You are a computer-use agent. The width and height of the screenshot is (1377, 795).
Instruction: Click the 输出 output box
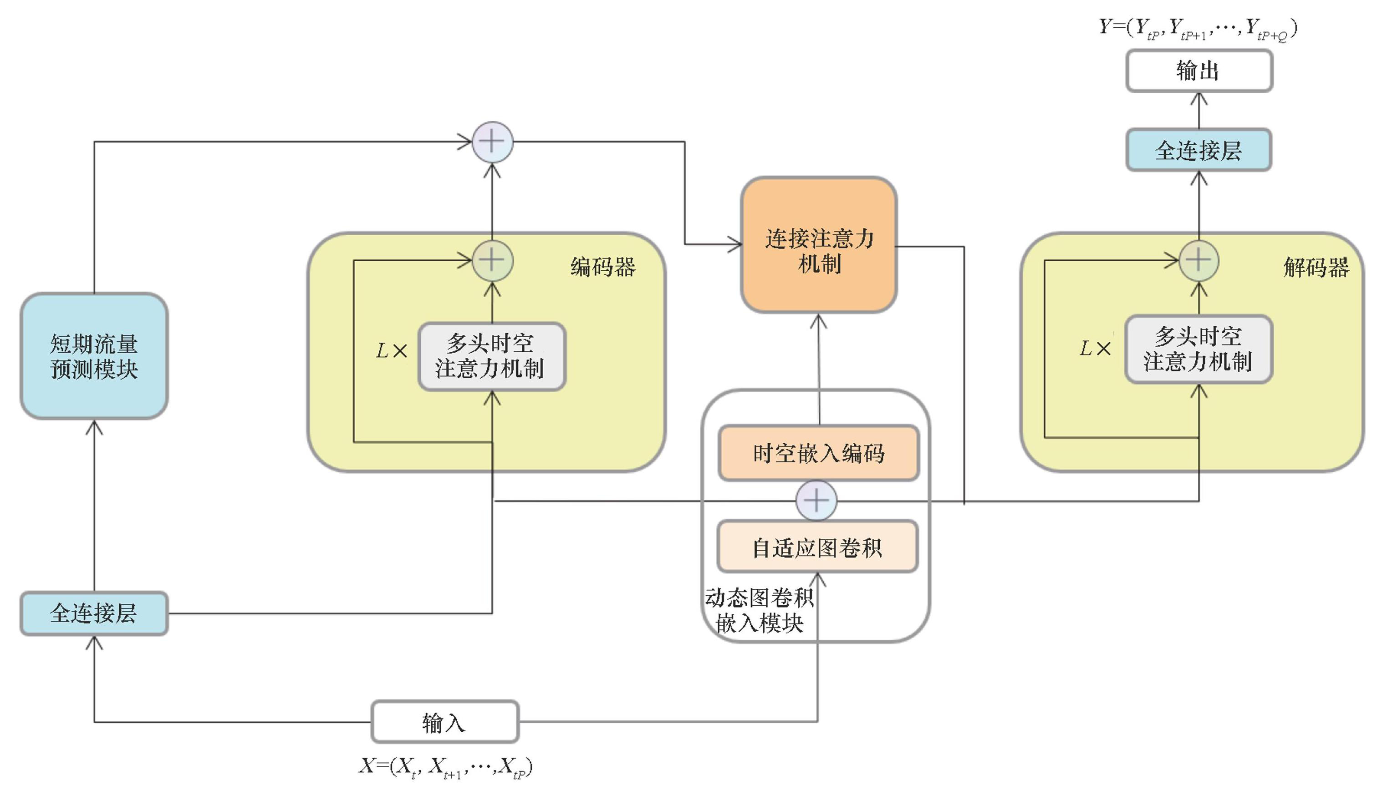tap(1199, 71)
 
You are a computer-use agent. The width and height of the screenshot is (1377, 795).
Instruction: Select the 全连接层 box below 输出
tap(1199, 150)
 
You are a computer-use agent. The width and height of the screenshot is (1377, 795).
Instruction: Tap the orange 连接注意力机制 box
tap(819, 246)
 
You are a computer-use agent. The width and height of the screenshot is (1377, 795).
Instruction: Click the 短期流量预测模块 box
tap(94, 356)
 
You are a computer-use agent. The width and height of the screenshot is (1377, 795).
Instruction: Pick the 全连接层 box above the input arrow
tap(94, 613)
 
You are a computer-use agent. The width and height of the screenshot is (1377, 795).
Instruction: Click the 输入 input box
tap(444, 722)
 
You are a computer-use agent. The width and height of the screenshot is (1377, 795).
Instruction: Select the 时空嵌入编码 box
tap(818, 453)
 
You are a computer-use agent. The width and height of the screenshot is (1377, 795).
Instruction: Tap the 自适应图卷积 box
tap(817, 547)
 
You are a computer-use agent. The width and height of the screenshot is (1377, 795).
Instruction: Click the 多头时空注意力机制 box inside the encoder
tap(491, 356)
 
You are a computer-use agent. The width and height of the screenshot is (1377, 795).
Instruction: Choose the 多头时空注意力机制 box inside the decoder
tap(1199, 349)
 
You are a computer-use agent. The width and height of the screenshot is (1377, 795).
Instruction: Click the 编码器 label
tap(603, 268)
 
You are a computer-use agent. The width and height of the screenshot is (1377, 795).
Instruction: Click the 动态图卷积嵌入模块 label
tap(759, 610)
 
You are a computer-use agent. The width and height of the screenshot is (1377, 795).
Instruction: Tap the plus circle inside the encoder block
tap(492, 260)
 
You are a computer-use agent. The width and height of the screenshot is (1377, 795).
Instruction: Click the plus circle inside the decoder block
tap(1199, 260)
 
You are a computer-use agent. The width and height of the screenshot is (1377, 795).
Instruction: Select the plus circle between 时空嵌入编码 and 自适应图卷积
tap(816, 500)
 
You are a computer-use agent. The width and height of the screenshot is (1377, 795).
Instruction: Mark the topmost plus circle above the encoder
tap(492, 142)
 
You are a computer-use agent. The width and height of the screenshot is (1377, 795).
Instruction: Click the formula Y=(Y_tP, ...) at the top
tap(1198, 27)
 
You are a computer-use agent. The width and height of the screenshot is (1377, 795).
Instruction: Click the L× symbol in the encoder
tap(392, 350)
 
